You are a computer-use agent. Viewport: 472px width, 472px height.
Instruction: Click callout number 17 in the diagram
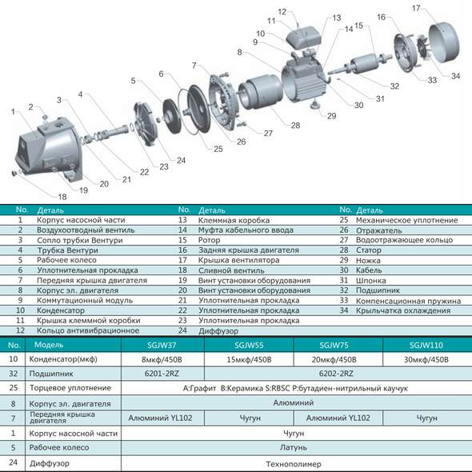click(416, 8)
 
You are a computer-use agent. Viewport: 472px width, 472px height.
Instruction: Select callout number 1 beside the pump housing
click(13, 112)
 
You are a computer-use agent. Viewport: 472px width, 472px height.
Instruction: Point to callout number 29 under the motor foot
click(331, 116)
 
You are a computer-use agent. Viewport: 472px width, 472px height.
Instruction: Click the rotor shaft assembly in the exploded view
click(360, 65)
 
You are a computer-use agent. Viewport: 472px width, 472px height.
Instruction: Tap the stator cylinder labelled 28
click(261, 91)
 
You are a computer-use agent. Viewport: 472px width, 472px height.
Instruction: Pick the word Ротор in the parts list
click(210, 240)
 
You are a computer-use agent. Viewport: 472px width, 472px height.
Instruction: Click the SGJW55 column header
click(249, 345)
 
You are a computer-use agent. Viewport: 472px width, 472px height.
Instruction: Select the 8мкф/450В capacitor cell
click(162, 359)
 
